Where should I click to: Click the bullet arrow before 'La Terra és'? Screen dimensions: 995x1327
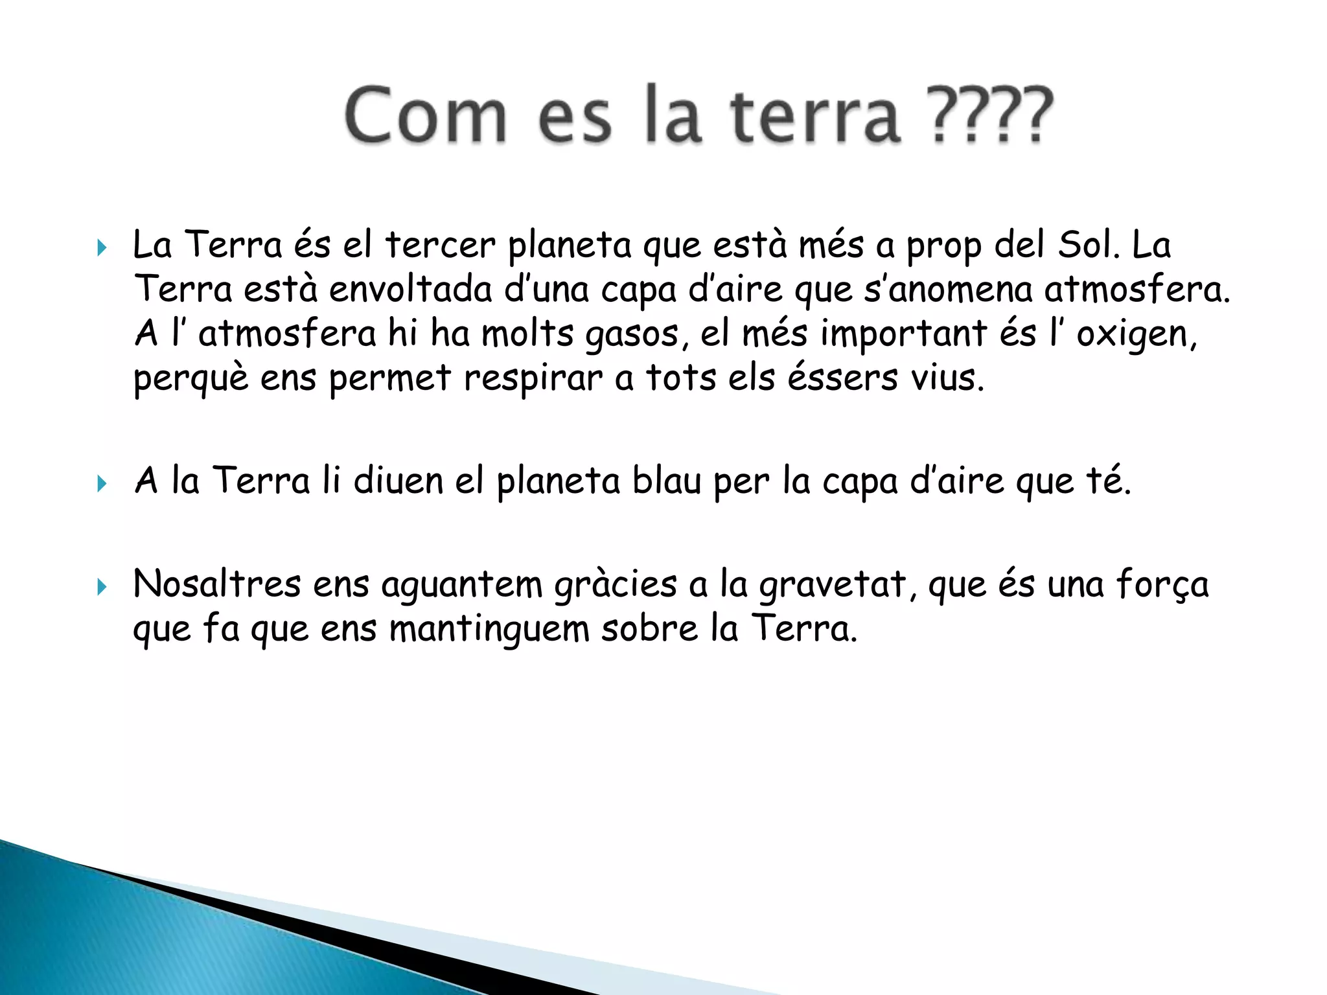tap(102, 247)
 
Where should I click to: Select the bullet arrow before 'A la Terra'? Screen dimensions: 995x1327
tap(102, 483)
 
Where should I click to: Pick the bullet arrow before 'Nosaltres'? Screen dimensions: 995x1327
tap(102, 587)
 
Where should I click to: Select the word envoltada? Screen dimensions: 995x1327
tap(411, 290)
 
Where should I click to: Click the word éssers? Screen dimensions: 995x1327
tap(842, 378)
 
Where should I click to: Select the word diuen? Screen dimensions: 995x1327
tap(398, 481)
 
